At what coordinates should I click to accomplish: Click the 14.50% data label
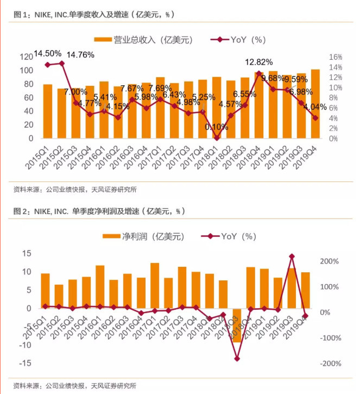(x=47, y=53)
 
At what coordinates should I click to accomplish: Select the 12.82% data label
(x=258, y=62)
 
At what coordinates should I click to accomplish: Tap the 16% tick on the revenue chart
(x=335, y=57)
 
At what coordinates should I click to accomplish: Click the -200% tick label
(x=329, y=364)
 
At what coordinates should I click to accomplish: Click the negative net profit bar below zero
(x=237, y=325)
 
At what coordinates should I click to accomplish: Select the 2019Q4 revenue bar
(x=315, y=104)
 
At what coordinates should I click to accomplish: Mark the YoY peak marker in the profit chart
(x=292, y=256)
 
